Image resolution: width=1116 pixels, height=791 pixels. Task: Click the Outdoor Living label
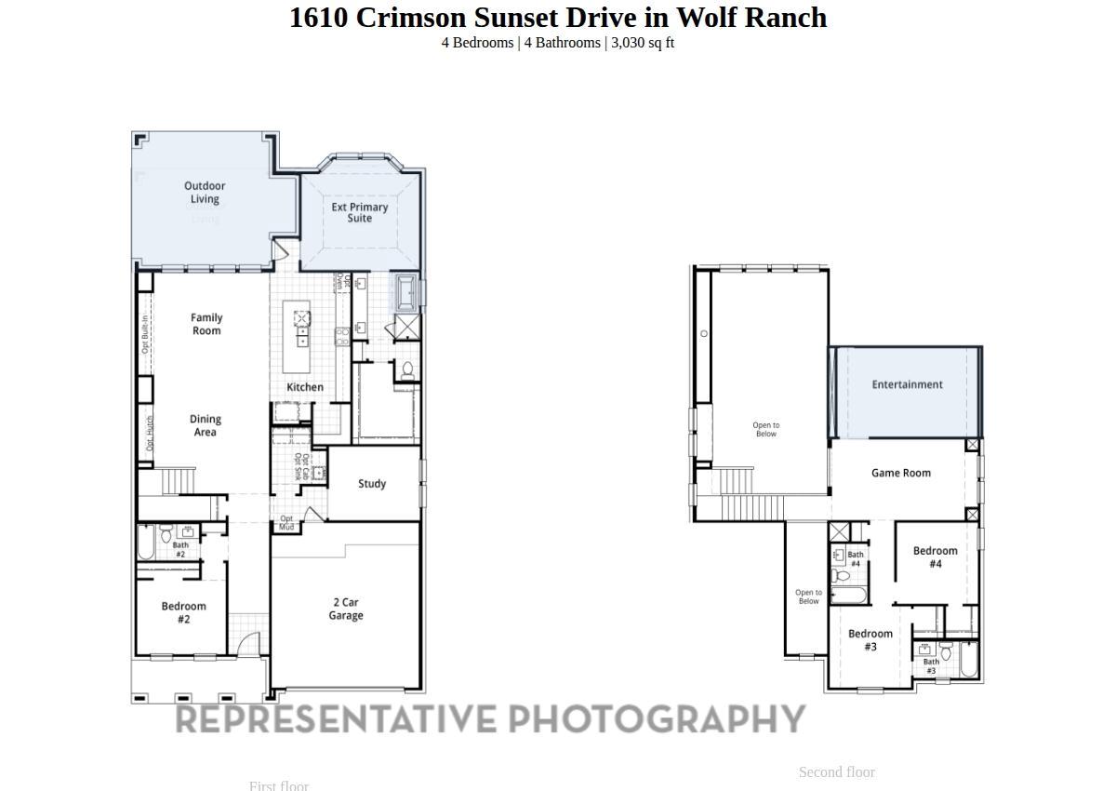[x=205, y=193]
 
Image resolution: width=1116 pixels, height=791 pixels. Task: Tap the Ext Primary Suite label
[x=360, y=213]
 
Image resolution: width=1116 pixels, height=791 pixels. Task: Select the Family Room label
[x=206, y=324]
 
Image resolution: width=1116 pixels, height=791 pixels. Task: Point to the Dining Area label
[x=206, y=425]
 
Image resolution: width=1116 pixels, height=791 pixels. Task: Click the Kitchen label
[x=305, y=387]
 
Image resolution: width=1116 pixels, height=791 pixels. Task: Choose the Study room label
[x=372, y=484]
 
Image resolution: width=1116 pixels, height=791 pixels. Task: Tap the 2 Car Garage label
[x=346, y=610]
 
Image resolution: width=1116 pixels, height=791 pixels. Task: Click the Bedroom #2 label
[x=183, y=612]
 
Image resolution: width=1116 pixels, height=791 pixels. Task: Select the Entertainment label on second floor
[x=907, y=384]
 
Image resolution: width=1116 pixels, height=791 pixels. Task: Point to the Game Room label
[x=900, y=473]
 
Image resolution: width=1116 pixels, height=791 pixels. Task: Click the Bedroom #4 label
[x=935, y=556]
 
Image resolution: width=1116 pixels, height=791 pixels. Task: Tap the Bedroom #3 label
[x=870, y=640]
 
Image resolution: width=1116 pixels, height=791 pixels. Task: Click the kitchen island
[x=301, y=323]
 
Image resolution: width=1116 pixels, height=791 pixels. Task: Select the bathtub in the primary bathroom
[x=407, y=290]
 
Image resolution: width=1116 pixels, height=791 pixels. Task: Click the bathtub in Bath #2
[x=146, y=543]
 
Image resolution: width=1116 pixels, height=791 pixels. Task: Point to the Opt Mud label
[x=286, y=523]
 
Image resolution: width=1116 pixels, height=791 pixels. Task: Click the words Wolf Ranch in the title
[x=751, y=18]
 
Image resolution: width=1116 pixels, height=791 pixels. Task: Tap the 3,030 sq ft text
[x=643, y=43]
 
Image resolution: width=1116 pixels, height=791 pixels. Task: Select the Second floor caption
[x=836, y=772]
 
